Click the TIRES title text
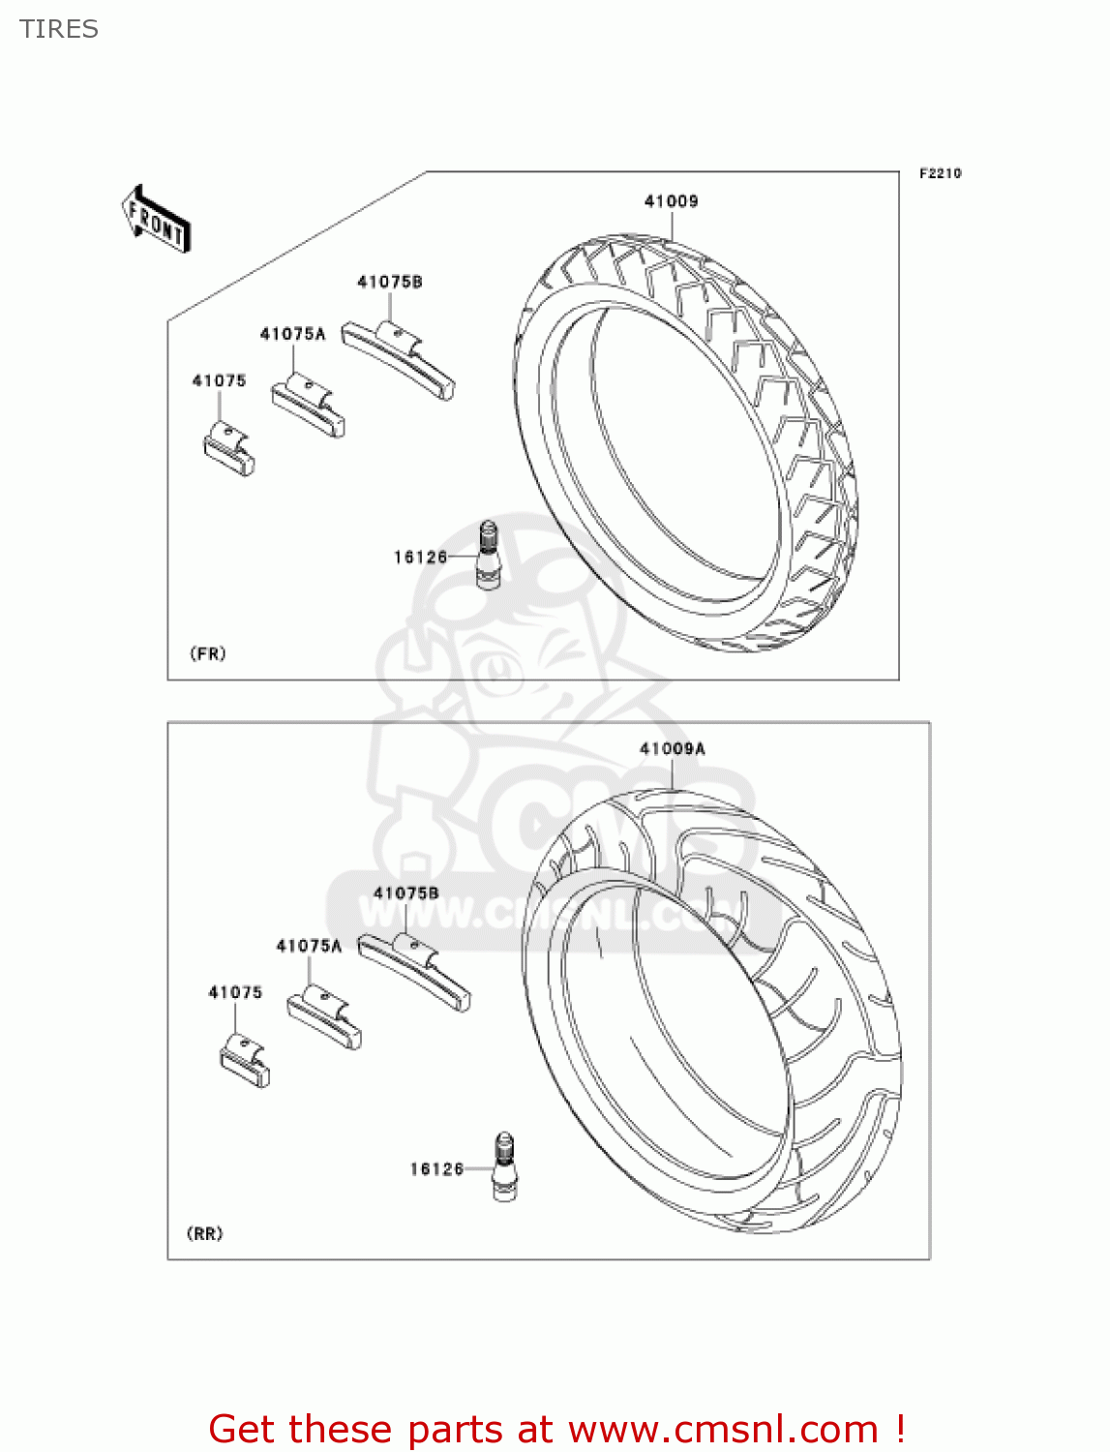click(59, 29)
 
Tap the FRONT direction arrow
click(156, 220)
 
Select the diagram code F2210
click(940, 173)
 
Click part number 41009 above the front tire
click(671, 201)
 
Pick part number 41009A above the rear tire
click(672, 749)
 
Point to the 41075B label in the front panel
click(389, 282)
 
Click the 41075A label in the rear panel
click(309, 946)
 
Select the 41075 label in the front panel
click(219, 381)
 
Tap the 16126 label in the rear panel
click(436, 1169)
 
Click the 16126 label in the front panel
click(420, 558)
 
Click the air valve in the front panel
click(489, 554)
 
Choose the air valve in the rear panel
click(504, 1167)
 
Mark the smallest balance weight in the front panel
click(229, 451)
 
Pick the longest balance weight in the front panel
click(398, 359)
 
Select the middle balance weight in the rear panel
click(324, 1017)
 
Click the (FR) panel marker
click(207, 653)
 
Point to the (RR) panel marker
click(204, 1233)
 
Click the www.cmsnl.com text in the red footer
click(723, 1430)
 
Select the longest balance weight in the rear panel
click(414, 970)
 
